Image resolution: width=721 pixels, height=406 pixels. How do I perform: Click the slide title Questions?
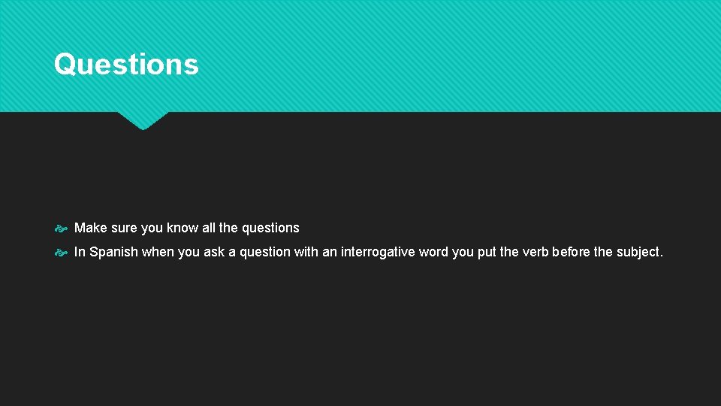pyautogui.click(x=126, y=64)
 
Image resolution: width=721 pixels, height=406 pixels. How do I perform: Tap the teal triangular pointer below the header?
pyautogui.click(x=143, y=120)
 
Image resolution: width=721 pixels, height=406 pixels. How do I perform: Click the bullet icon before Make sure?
pyautogui.click(x=62, y=229)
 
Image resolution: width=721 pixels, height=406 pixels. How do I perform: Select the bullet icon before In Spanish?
pyautogui.click(x=62, y=253)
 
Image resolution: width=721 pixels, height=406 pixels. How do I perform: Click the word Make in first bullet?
pyautogui.click(x=90, y=228)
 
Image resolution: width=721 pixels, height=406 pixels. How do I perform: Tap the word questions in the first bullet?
pyautogui.click(x=270, y=228)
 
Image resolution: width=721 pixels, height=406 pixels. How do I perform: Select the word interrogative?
pyautogui.click(x=378, y=252)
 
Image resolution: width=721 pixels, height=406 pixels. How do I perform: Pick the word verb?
pyautogui.click(x=535, y=252)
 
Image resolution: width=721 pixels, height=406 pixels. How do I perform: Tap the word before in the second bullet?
pyautogui.click(x=571, y=252)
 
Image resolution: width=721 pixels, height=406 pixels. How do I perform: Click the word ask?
pyautogui.click(x=214, y=252)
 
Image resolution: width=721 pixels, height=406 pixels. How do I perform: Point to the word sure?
pyautogui.click(x=125, y=228)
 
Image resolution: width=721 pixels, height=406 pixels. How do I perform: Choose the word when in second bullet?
pyautogui.click(x=158, y=252)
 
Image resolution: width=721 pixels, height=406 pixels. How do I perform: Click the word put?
pyautogui.click(x=487, y=252)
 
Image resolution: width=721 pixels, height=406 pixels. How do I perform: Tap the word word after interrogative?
pyautogui.click(x=433, y=252)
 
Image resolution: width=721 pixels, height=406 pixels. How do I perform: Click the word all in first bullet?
pyautogui.click(x=209, y=228)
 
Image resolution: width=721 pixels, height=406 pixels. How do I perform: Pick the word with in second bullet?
pyautogui.click(x=306, y=252)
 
